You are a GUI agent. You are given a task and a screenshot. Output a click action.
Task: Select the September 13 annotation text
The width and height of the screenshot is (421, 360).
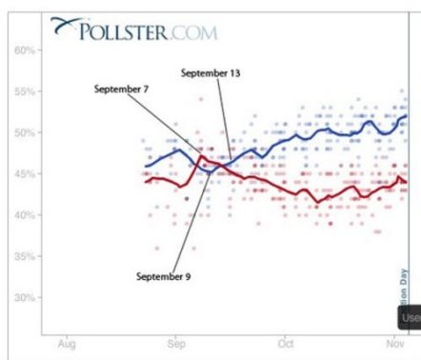[212, 72]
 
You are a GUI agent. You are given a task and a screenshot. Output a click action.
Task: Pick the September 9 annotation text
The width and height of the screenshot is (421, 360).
[164, 276]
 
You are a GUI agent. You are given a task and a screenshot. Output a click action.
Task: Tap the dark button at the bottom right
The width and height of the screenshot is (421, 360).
[410, 317]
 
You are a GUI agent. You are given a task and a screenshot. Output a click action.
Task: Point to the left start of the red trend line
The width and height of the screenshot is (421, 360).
[145, 181]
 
